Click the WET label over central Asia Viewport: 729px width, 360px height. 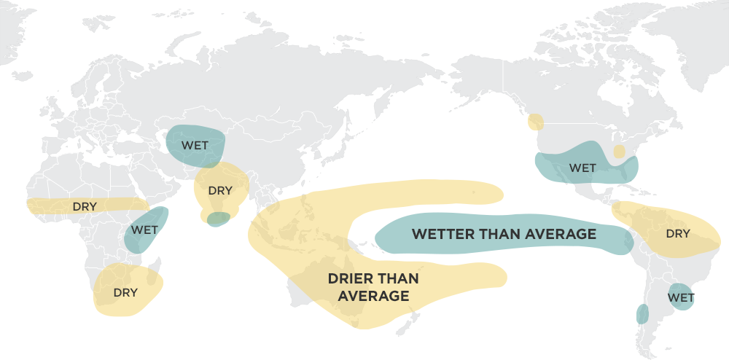point(195,145)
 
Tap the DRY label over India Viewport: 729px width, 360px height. point(220,191)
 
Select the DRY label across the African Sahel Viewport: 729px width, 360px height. point(84,206)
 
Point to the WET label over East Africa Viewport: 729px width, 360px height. point(144,230)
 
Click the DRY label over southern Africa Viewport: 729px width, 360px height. point(125,292)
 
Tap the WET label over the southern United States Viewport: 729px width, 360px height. point(582,168)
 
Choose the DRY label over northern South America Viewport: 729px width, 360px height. point(678,234)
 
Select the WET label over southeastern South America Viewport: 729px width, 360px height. point(681,297)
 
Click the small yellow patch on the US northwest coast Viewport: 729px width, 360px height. point(536,122)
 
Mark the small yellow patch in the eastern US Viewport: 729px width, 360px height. point(619,152)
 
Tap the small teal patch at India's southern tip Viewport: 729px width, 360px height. point(218,219)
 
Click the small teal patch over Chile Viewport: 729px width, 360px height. point(642,314)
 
